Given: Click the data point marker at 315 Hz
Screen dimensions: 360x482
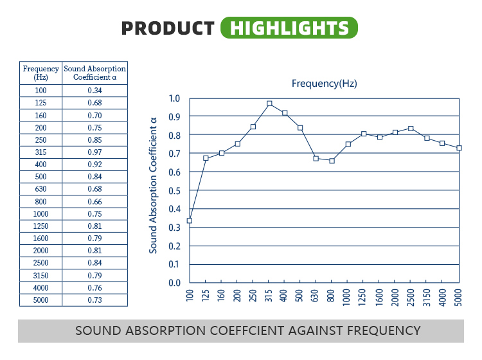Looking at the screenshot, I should [269, 104].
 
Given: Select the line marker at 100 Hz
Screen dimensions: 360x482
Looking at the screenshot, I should [190, 221].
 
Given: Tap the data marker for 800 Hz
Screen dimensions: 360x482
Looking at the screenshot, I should [332, 161].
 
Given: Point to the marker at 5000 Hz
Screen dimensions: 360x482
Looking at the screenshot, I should [459, 148].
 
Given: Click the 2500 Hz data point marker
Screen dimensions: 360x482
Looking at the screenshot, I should [411, 129].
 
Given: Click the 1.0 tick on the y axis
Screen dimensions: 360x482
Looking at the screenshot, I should [174, 98].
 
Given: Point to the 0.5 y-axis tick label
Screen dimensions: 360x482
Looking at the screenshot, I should [174, 190].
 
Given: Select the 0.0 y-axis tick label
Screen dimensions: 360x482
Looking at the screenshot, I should [174, 283].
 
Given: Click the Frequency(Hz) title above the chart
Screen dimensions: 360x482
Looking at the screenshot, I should [324, 84].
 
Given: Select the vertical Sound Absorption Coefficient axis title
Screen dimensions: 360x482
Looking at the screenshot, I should [154, 185].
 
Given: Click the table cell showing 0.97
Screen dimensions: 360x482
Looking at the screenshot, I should [95, 152].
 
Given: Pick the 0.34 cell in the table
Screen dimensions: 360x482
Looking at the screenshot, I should [95, 91].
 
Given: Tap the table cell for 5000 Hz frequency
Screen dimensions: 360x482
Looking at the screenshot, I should [41, 300].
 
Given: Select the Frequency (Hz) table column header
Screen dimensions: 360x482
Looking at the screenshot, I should [41, 73].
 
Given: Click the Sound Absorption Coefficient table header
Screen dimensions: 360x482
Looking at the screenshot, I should [95, 73].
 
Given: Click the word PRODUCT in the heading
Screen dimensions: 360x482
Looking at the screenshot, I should [168, 28].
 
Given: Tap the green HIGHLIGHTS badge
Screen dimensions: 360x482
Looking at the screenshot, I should [289, 28].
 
